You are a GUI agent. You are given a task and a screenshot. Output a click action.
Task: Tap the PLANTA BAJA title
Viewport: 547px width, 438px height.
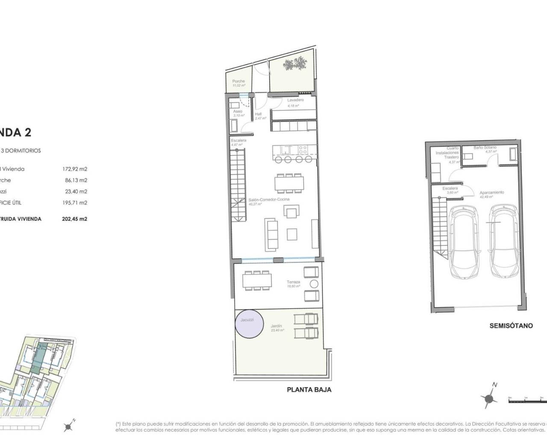coord(309,390)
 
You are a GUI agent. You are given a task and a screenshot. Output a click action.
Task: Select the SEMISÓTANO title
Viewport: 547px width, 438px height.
coord(511,326)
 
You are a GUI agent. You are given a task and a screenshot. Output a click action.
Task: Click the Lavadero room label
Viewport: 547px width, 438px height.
coord(295,100)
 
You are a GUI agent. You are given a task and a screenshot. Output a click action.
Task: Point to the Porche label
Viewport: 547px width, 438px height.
coord(238,81)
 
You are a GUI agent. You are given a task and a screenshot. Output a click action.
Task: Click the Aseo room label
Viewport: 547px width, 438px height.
coord(238,112)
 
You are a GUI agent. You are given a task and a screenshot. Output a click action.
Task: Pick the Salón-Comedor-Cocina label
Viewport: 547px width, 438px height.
coord(269,199)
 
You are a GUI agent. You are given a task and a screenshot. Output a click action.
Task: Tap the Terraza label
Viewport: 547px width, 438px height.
coord(294,282)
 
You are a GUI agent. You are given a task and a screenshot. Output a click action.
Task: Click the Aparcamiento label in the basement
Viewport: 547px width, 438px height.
coord(491,192)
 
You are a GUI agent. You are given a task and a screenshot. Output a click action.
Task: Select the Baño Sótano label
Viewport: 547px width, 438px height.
coord(485,148)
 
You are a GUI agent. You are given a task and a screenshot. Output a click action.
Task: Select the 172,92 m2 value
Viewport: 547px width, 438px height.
coord(75,169)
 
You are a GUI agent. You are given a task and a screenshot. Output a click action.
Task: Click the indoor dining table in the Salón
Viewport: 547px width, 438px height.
coord(289,183)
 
